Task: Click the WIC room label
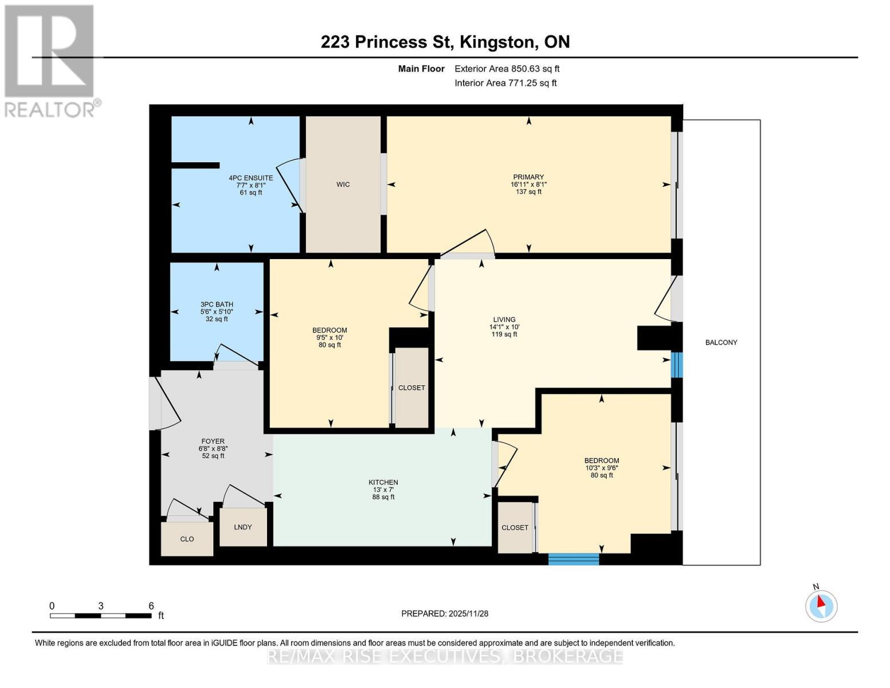343,185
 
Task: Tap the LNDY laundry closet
243,527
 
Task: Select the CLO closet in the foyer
187,539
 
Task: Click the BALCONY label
721,342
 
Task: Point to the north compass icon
821,605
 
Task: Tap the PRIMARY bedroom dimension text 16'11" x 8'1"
528,185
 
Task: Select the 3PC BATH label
217,304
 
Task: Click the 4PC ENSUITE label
250,178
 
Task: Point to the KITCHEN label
383,482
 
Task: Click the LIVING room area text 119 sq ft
504,334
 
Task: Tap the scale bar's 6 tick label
151,606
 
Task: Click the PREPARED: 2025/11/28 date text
445,613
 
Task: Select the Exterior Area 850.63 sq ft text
507,69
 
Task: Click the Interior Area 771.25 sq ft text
505,83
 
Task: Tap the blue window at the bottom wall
574,559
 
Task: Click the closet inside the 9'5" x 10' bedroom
411,388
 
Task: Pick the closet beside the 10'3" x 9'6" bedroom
515,527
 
